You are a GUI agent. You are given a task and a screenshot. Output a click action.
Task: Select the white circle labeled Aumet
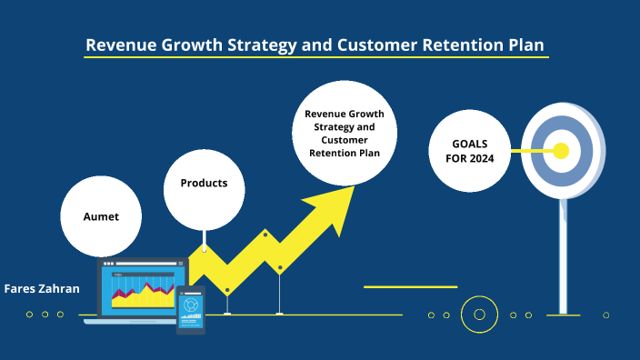(102, 216)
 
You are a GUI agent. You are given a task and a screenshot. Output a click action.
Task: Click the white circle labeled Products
(204, 184)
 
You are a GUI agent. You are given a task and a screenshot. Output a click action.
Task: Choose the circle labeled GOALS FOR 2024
(470, 151)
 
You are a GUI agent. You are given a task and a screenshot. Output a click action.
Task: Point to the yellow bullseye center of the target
(561, 151)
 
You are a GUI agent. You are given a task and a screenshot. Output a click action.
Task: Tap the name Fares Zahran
(42, 288)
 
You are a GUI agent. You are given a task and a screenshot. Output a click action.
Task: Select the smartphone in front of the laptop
(191, 309)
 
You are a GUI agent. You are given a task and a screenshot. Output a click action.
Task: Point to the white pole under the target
(564, 255)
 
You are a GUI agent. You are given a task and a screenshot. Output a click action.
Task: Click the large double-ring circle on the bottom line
(479, 315)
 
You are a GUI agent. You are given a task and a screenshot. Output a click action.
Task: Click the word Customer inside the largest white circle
(345, 140)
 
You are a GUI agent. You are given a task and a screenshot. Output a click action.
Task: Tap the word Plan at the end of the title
(531, 45)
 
